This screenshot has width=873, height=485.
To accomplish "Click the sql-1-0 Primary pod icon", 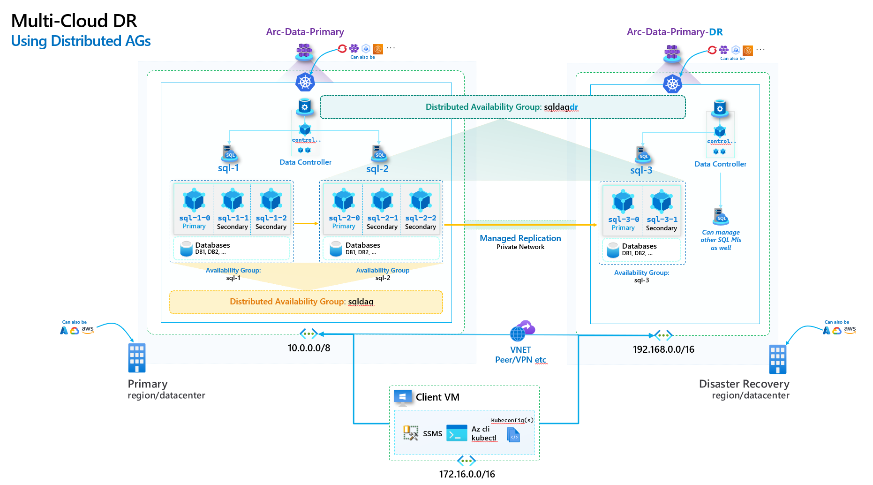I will (x=194, y=200).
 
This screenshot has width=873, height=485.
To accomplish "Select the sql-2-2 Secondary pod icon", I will (x=421, y=200).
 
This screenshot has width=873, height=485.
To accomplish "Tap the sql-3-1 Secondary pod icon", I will (x=662, y=202).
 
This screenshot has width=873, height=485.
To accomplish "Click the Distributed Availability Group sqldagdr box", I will (x=502, y=107).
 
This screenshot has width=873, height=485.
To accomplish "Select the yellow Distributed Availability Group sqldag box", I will (x=306, y=302).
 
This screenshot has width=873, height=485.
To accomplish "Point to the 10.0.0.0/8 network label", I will (x=309, y=348).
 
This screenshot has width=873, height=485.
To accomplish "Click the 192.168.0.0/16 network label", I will (x=663, y=349).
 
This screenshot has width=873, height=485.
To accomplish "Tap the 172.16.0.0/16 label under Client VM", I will (x=467, y=474).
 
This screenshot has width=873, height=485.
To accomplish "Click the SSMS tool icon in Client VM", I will (x=411, y=432).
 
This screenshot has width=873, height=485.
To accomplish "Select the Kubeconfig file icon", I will (x=513, y=435).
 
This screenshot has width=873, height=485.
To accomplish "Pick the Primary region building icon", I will (x=136, y=358).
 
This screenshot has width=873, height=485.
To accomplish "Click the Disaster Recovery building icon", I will (x=777, y=359).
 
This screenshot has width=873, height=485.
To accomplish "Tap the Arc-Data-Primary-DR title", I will (x=674, y=32).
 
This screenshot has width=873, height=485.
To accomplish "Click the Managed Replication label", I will (x=520, y=238).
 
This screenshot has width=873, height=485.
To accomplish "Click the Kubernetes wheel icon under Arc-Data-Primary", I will (x=305, y=82).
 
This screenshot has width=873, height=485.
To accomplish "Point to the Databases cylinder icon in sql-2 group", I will (x=336, y=249).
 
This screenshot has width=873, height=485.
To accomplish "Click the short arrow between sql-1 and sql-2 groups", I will (x=306, y=223).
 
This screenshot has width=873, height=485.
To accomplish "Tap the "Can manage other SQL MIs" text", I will (x=721, y=240).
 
